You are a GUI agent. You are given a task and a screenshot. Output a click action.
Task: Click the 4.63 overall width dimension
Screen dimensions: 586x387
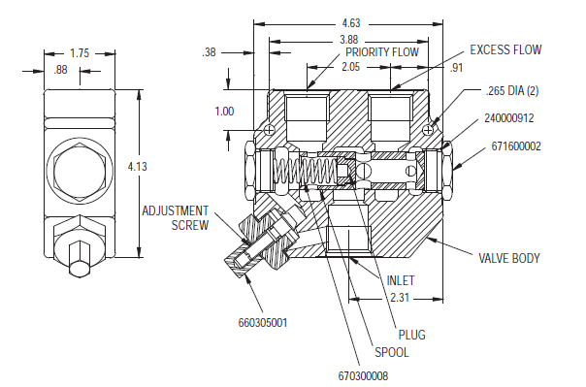point(351,23)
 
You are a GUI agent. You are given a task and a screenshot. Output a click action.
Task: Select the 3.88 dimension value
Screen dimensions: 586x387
point(348,40)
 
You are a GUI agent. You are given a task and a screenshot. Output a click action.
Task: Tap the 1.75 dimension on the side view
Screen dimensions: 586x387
point(80,53)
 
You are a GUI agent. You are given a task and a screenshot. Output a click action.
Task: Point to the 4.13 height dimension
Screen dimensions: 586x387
point(138,167)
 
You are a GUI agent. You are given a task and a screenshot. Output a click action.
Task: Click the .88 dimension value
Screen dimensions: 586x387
point(60,70)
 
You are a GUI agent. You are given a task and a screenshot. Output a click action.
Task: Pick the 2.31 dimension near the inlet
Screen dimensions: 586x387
point(400,298)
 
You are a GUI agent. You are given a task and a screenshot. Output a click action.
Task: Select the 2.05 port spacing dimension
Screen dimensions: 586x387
point(350,67)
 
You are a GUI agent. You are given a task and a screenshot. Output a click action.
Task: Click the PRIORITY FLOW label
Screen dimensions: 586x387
point(382,52)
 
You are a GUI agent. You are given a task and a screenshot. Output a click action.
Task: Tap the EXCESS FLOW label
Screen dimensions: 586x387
point(505,50)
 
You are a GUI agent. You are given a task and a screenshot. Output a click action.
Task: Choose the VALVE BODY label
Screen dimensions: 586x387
point(509,259)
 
